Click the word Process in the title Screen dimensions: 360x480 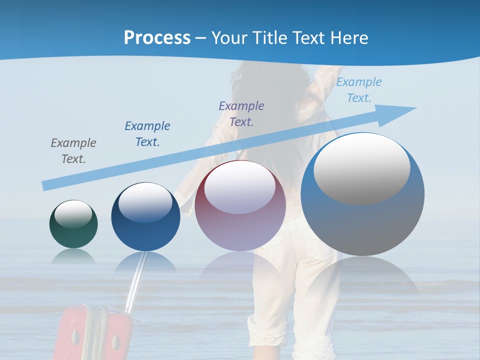[x=157, y=38]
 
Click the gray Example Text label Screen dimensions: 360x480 [x=73, y=150]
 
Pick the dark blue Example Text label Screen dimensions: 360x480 [x=147, y=133]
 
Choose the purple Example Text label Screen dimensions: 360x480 [x=241, y=113]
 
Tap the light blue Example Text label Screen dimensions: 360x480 [x=359, y=90]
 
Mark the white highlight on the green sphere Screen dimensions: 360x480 [x=73, y=214]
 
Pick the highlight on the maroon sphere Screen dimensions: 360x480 [x=240, y=187]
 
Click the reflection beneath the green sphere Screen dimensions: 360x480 [x=73, y=256]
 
